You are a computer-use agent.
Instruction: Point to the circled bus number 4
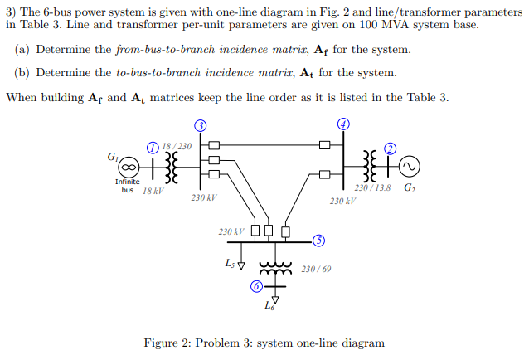[x=343, y=124]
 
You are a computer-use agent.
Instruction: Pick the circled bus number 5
[x=319, y=241]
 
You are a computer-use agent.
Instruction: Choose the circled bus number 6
[x=257, y=286]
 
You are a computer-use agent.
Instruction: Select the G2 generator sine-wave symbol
[x=408, y=167]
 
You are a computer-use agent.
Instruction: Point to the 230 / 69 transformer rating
[x=316, y=269]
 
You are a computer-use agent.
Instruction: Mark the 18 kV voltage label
[x=153, y=191]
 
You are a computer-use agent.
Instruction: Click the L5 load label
[x=230, y=264]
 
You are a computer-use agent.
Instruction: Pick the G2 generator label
[x=410, y=188]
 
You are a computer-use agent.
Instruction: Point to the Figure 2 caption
[x=264, y=343]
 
